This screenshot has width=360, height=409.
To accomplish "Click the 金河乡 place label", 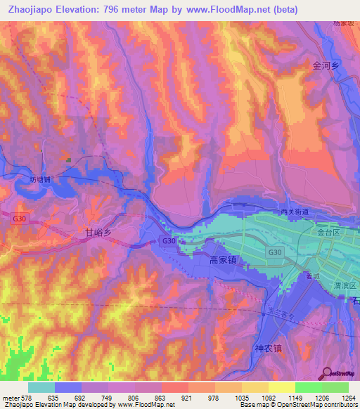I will tap(326, 65).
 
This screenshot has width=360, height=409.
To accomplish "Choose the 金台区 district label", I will tap(328, 231).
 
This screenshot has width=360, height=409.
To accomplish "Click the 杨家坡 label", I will tap(345, 23).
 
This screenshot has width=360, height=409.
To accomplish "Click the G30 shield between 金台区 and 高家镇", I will tap(273, 251).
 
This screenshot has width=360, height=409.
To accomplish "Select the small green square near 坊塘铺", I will tap(69, 160).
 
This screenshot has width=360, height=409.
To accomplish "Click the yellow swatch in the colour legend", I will tap(281, 387).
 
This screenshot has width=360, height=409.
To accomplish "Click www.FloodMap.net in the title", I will tap(226, 10).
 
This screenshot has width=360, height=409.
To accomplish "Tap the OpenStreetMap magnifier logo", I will tap(326, 374).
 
